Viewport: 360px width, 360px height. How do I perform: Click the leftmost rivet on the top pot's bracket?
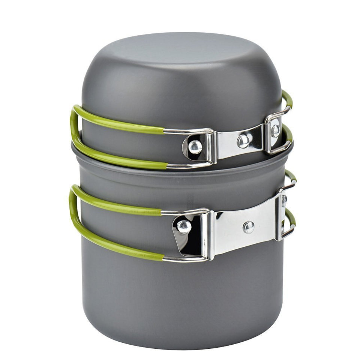(195, 147)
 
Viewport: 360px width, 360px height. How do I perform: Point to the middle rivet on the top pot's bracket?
(243, 141)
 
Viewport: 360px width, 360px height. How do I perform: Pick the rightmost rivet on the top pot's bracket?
(275, 130)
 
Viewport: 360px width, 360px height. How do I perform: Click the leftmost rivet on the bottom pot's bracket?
(184, 226)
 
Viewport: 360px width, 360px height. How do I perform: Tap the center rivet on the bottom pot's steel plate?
(248, 226)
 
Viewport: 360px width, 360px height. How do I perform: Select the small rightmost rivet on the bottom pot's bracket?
(284, 200)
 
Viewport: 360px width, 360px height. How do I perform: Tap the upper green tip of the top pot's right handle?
(288, 98)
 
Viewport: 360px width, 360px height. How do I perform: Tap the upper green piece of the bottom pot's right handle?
(290, 176)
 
